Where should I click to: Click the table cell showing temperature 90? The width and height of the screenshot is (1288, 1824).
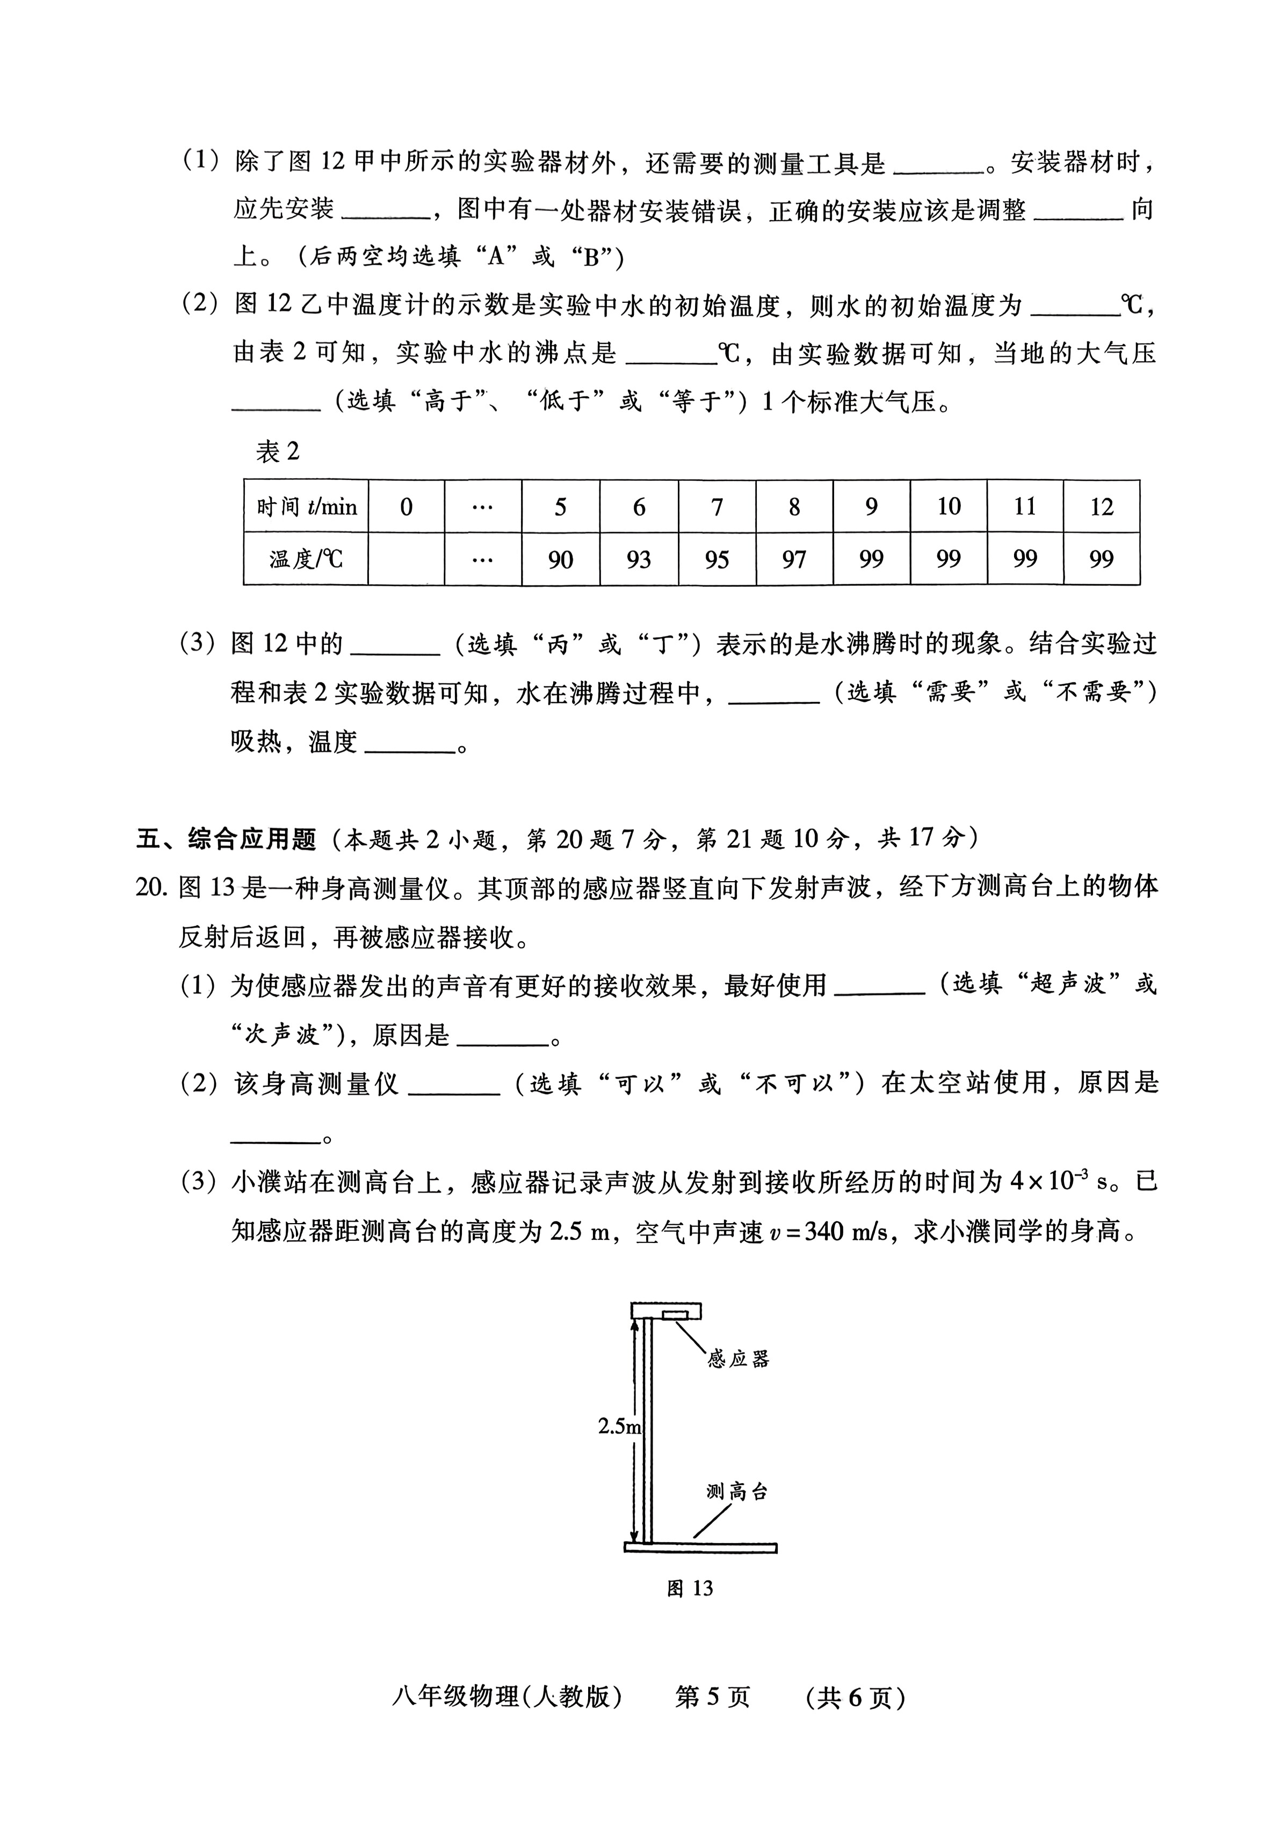560,559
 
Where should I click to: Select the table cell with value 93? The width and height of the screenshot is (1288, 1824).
638,559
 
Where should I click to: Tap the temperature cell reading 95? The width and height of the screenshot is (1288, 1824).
716,559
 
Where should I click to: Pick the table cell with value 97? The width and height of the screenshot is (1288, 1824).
794,559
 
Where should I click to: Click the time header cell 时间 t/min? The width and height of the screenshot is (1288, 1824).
306,507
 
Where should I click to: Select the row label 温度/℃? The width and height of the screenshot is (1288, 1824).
306,559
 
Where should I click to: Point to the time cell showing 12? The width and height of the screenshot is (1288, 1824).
1101,507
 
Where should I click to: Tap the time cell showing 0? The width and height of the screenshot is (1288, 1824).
406,507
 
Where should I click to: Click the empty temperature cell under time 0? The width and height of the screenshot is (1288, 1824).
406,559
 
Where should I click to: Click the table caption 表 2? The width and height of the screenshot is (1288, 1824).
277,452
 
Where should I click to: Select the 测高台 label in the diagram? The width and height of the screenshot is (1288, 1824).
737,1492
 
